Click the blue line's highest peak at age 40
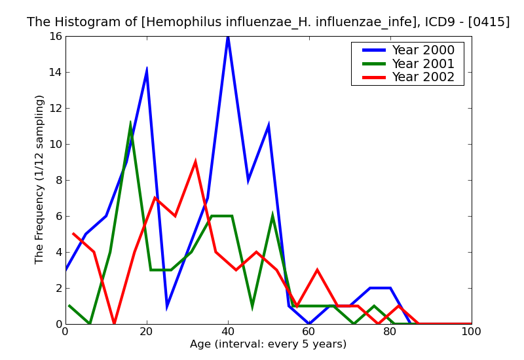[228, 37]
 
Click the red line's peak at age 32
[195, 162]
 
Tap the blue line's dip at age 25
[167, 305]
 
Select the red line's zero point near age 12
[114, 323]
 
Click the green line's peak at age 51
[272, 216]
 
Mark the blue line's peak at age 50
[269, 126]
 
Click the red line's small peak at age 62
[317, 270]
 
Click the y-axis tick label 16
[54, 36]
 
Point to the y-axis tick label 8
[58, 180]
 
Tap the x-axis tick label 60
[309, 332]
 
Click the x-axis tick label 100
[472, 332]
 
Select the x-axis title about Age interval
[268, 344]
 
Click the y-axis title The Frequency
[40, 179]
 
